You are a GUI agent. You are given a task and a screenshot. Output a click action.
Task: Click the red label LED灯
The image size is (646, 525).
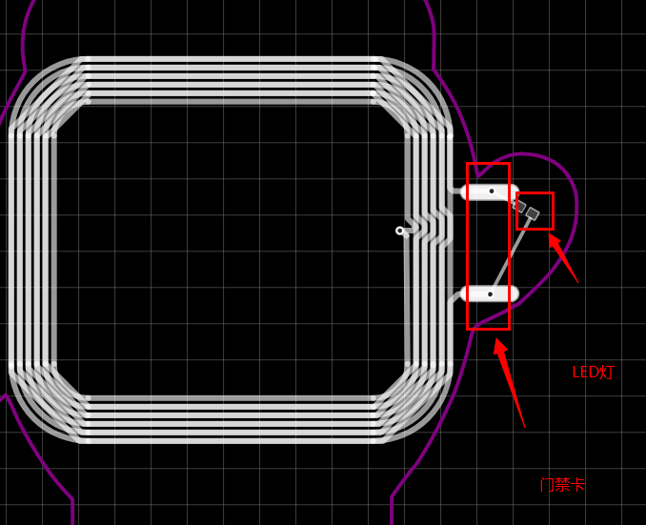click(x=594, y=373)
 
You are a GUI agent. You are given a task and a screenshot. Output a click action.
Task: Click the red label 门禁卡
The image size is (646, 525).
click(x=562, y=485)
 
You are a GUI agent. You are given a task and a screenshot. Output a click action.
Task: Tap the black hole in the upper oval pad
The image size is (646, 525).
click(x=492, y=192)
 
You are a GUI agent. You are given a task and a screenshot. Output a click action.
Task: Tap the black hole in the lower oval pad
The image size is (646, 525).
click(x=491, y=294)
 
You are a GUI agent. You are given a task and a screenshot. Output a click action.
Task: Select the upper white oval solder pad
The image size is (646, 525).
click(x=490, y=192)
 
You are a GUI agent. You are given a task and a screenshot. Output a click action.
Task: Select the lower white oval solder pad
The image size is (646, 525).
click(x=489, y=293)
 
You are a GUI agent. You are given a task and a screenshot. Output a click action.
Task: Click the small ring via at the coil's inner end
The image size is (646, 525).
click(x=399, y=231)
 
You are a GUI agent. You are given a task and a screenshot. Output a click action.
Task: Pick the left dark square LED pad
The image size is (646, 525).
click(x=521, y=206)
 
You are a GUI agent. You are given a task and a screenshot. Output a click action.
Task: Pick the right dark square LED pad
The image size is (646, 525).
click(x=533, y=213)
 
